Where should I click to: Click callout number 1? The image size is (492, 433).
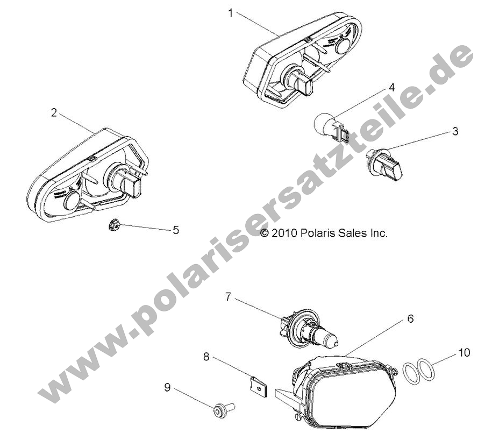tap(231, 13)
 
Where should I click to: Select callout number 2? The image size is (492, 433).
tap(53, 112)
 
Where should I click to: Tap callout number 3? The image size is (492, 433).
tap(455, 131)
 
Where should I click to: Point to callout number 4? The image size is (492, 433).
tap(391, 87)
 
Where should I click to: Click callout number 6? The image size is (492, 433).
tap(410, 318)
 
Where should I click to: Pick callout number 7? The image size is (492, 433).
tap(227, 296)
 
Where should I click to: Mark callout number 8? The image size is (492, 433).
tap(206, 356)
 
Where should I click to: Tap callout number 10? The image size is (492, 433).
tap(464, 353)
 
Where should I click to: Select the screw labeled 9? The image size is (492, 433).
tap(222, 411)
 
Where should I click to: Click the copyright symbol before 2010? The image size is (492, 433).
tap(265, 233)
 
